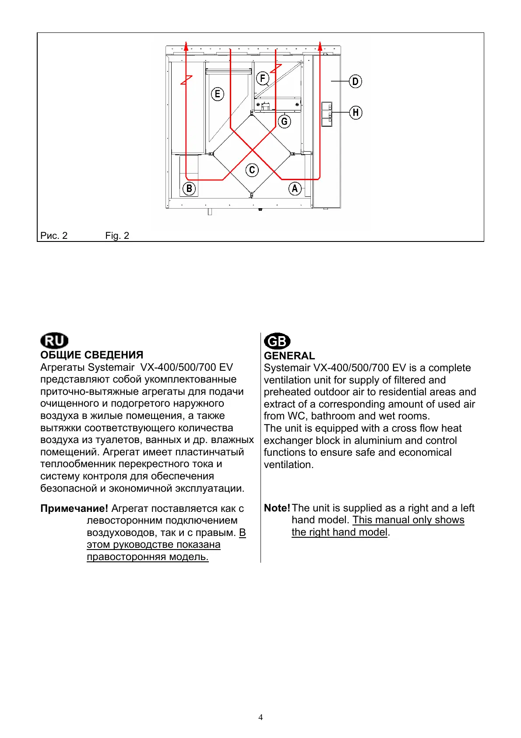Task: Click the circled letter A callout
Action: tap(295, 189)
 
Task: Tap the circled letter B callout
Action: tap(189, 189)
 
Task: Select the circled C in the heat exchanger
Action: tap(252, 170)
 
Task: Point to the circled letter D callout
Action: tap(356, 82)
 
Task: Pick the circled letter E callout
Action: tap(218, 94)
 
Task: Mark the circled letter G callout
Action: tap(285, 121)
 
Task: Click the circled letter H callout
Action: tap(356, 113)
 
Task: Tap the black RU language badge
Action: tap(54, 341)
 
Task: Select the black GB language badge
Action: tap(277, 341)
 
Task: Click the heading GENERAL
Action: tap(289, 356)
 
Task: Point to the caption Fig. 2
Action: tap(117, 236)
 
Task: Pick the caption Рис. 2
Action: tap(54, 236)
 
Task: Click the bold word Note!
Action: tap(277, 508)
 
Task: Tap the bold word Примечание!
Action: tap(74, 508)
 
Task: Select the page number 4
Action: tap(260, 717)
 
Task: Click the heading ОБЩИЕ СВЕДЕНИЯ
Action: tap(92, 355)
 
